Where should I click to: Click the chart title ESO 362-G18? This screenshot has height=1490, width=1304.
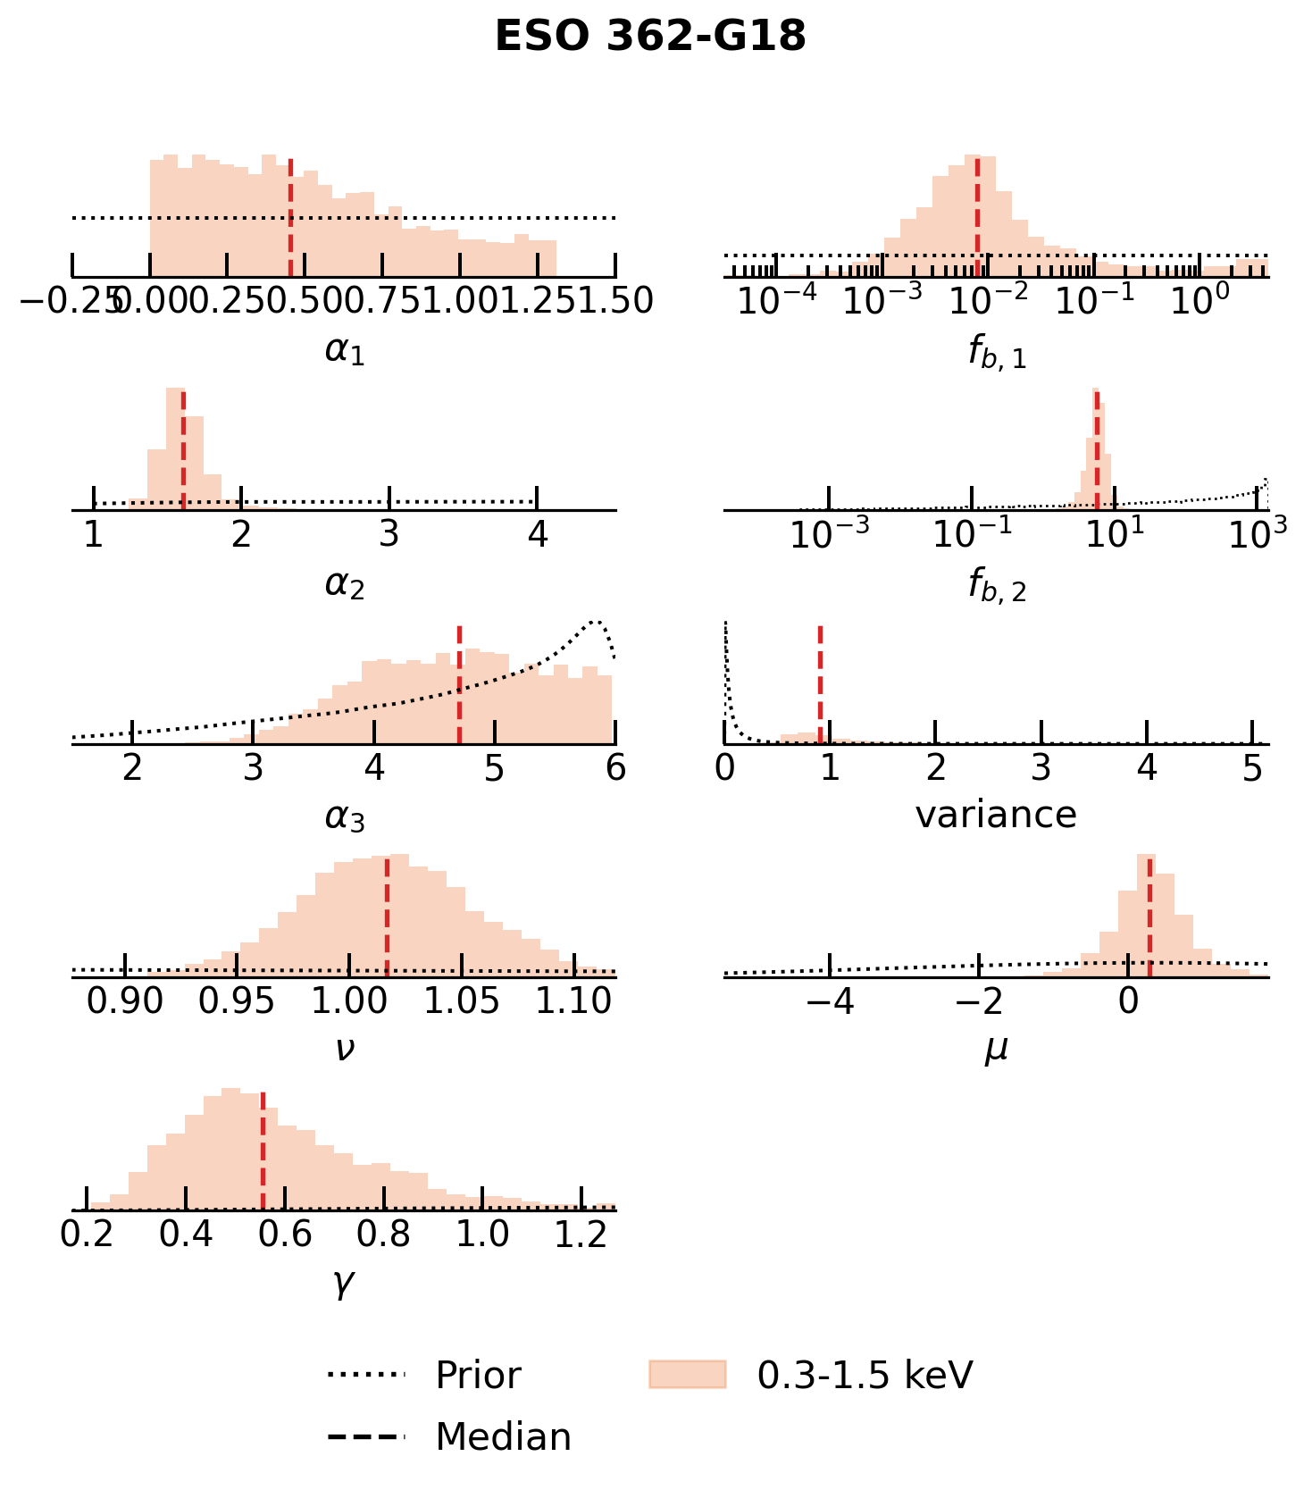650,38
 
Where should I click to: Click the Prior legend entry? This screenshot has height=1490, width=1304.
478,1376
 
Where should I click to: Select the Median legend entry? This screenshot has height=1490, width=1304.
503,1437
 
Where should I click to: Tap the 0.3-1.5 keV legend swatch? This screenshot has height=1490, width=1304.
687,1375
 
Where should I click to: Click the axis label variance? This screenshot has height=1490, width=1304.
996,815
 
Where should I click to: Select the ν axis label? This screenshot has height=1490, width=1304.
344,1048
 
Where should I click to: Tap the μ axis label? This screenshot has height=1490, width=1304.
996,1048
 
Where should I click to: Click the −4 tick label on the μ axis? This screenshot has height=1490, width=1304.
830,1001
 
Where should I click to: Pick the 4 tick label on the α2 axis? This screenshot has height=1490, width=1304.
537,534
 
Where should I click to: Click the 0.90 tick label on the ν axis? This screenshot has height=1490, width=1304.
125,1001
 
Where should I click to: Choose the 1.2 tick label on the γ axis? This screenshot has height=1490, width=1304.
581,1235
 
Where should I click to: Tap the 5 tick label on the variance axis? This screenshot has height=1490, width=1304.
1253,767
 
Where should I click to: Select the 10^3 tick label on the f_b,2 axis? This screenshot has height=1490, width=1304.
1258,533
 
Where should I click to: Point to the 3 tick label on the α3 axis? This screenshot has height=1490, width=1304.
254,767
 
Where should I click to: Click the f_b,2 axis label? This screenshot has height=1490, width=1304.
997,586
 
